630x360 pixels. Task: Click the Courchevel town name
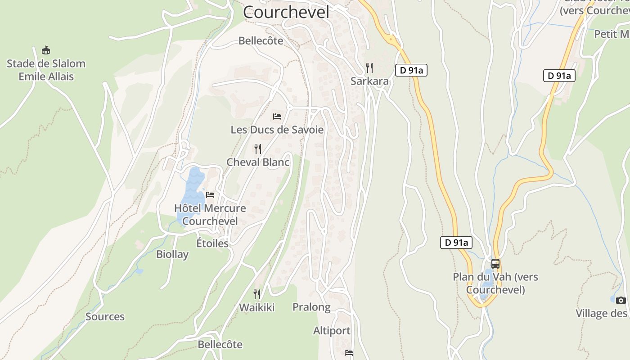tap(286, 12)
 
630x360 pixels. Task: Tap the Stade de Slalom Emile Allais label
tap(46, 70)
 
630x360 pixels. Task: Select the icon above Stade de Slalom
tap(45, 50)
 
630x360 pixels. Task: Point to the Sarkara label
tap(369, 81)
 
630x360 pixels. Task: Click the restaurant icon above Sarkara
tap(369, 68)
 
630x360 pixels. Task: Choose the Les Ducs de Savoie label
tap(277, 130)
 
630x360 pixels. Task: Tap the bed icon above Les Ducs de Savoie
tap(277, 117)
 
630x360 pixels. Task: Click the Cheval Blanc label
tap(258, 162)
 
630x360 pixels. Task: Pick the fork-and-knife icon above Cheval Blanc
tap(258, 148)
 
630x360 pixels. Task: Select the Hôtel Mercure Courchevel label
tap(210, 215)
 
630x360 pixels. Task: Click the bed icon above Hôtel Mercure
tap(210, 195)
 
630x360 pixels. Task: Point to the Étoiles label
tap(212, 243)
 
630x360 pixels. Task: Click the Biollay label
tap(172, 254)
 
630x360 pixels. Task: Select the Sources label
tap(105, 317)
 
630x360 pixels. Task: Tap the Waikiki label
tap(256, 308)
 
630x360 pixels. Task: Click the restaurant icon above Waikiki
tap(257, 294)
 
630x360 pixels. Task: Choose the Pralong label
tap(311, 307)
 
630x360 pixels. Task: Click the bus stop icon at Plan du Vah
tap(495, 264)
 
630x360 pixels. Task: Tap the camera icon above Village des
tap(621, 300)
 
